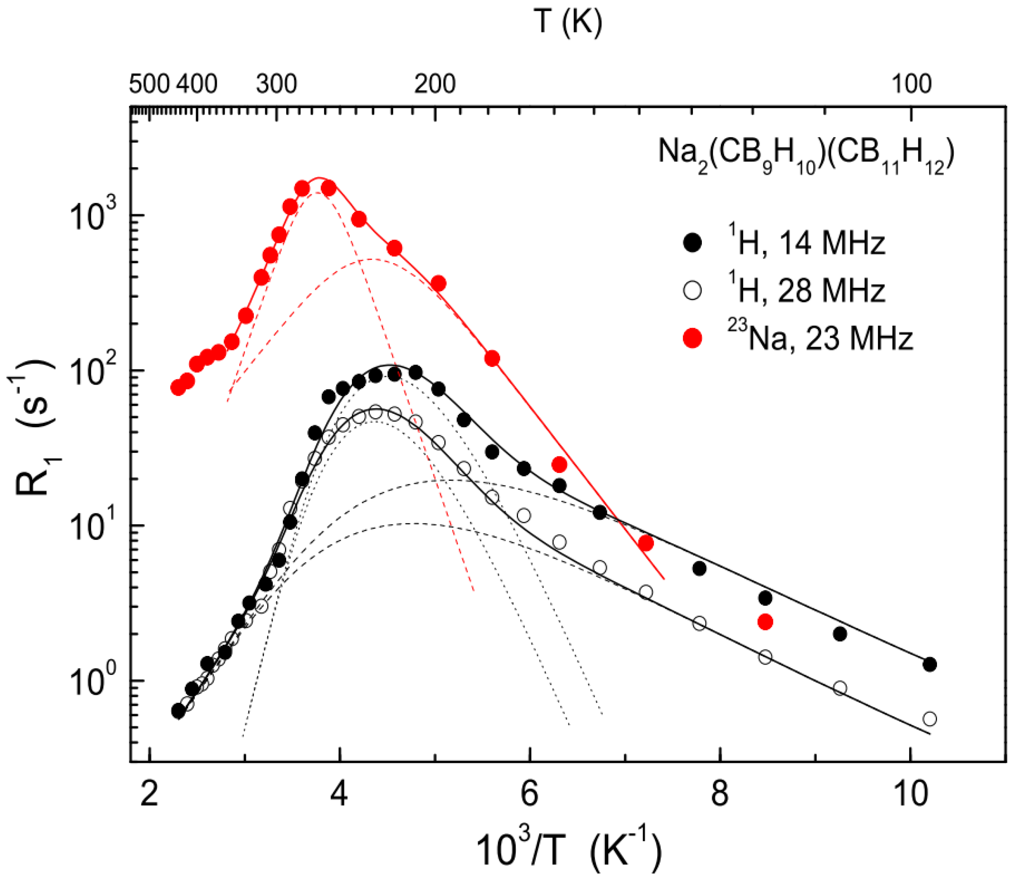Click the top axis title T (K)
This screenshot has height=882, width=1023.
click(x=568, y=22)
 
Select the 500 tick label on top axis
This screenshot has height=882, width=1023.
click(x=150, y=84)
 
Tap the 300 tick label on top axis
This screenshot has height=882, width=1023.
click(x=277, y=84)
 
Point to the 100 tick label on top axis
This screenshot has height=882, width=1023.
click(x=911, y=84)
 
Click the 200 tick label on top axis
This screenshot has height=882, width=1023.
click(x=435, y=84)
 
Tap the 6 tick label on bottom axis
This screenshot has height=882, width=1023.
click(x=529, y=796)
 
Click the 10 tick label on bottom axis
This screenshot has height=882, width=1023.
click(x=910, y=796)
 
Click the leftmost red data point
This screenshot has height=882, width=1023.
click(x=178, y=388)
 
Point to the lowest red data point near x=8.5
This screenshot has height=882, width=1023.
click(x=765, y=622)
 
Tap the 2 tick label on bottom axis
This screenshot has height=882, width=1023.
click(x=149, y=796)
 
